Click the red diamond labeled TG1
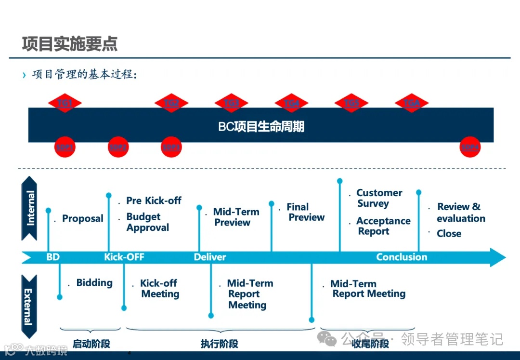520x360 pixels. (65, 103)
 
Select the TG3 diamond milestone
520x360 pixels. (231, 103)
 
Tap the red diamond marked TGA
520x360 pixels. (412, 103)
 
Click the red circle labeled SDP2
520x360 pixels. (118, 147)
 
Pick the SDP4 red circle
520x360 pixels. (470, 147)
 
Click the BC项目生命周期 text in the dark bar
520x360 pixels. (261, 127)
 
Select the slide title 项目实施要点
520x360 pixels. (70, 44)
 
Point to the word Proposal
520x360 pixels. (83, 219)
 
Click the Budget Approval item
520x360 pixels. (147, 222)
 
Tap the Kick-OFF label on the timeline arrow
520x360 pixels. (124, 257)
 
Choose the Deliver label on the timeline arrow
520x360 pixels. (210, 257)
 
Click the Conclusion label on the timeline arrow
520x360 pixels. (402, 257)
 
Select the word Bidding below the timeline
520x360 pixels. (94, 283)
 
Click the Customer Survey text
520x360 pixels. (378, 198)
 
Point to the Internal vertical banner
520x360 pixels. (30, 208)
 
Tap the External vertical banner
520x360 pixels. (29, 307)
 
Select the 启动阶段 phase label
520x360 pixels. (91, 344)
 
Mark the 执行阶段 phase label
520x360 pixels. (219, 344)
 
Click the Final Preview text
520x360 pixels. (306, 212)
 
